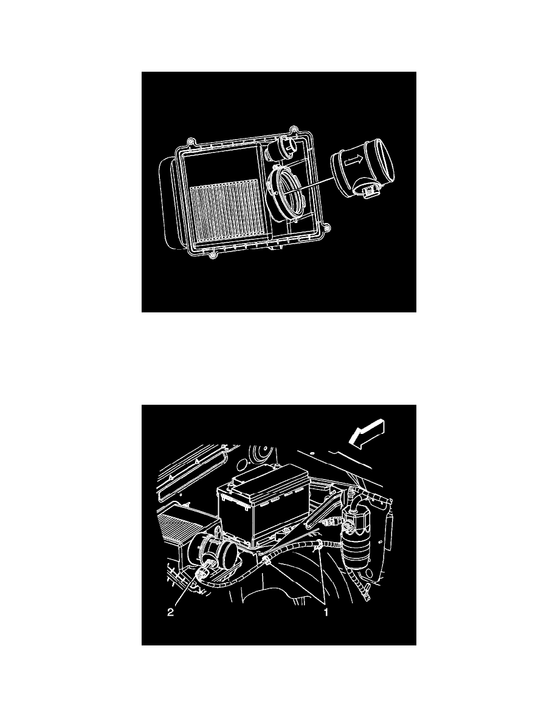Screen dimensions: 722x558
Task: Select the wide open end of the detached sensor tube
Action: [384, 165]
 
